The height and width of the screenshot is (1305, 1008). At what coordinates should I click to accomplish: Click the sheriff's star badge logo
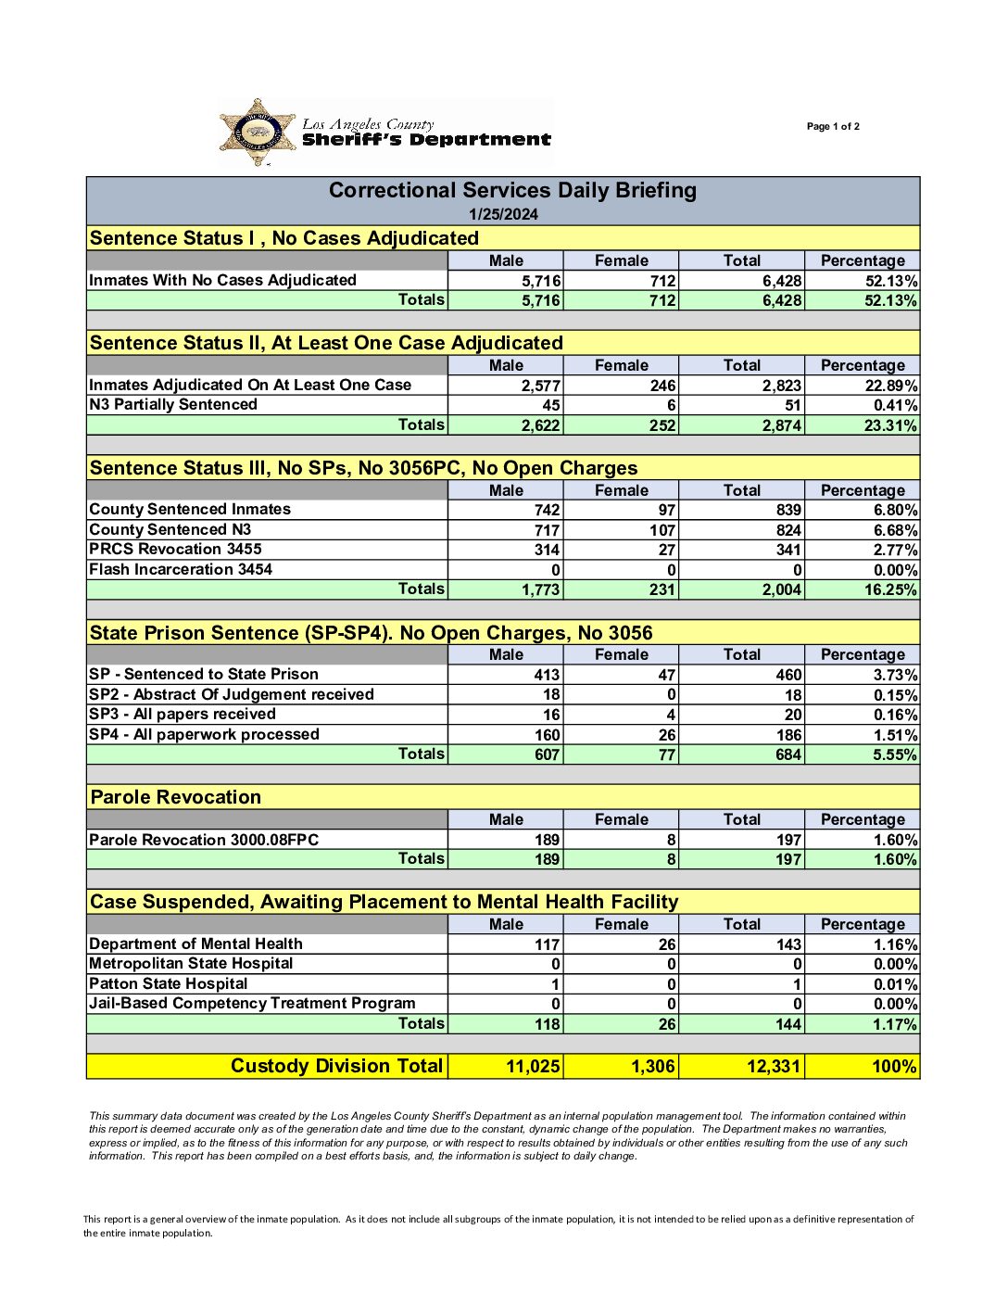tap(258, 133)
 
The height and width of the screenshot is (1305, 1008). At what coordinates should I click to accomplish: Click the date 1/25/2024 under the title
tap(503, 214)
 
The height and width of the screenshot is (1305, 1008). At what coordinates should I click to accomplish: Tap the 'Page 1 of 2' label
tap(833, 126)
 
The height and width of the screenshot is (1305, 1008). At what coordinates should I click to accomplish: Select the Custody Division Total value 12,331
tap(773, 1067)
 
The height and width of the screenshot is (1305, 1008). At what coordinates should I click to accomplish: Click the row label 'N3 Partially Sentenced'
tap(173, 404)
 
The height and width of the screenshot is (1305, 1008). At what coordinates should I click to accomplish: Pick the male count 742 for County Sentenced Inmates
tap(547, 510)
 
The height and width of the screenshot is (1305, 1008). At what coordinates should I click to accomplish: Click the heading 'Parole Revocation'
tap(176, 797)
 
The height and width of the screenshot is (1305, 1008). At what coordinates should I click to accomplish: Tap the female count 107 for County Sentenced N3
tap(662, 530)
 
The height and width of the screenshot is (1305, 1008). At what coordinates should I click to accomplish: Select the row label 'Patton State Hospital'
tap(169, 983)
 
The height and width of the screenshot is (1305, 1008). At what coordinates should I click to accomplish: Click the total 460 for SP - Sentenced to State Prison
tap(788, 675)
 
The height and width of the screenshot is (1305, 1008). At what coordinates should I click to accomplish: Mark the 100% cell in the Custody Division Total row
tap(894, 1067)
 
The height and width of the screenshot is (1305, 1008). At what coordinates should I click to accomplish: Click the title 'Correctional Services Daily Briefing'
tap(512, 191)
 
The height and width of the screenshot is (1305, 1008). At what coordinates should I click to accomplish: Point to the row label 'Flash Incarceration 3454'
tap(181, 569)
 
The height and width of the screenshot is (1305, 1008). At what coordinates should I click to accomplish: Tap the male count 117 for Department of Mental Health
tap(547, 944)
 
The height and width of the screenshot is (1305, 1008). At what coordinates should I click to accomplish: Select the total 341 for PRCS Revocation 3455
tap(788, 550)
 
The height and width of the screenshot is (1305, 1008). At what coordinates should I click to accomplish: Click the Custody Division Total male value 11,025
tap(533, 1067)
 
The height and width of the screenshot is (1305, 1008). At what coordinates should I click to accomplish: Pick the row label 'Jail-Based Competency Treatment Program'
tap(252, 1003)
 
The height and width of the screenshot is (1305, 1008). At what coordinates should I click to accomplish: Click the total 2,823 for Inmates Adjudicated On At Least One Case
tap(782, 386)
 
